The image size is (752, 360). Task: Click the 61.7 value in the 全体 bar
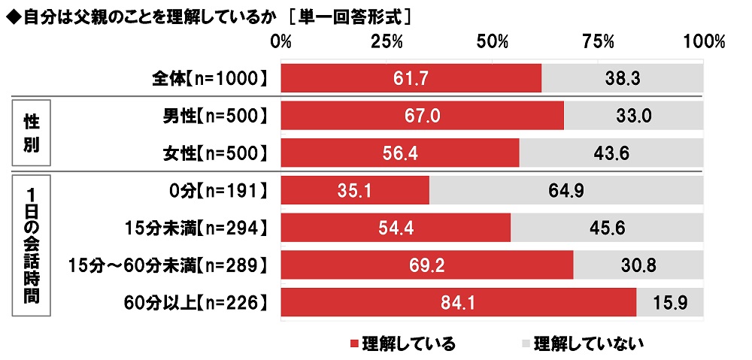(411, 77)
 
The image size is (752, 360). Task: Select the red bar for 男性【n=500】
(422, 116)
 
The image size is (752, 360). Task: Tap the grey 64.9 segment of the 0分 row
(566, 190)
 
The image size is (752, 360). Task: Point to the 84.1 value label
(458, 303)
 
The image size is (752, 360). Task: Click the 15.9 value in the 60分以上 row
(669, 303)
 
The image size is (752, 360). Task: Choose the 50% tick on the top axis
(493, 41)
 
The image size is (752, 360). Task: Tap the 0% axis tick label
(280, 41)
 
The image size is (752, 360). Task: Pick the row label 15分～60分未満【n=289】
(168, 265)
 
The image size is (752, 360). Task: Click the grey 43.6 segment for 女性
(611, 153)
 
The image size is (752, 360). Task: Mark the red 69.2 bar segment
(426, 265)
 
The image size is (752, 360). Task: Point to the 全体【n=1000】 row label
(206, 78)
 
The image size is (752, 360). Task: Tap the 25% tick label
(387, 41)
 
